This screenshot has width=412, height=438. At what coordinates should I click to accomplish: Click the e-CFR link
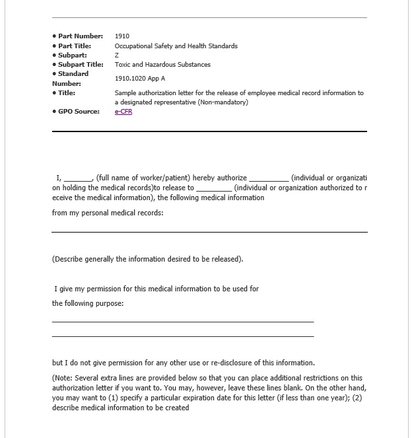coord(123,112)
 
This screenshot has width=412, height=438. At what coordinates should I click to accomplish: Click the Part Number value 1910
coord(122,36)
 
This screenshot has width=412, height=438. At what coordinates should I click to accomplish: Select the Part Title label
coord(74,46)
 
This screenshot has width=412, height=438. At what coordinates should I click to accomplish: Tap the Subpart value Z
coord(117,55)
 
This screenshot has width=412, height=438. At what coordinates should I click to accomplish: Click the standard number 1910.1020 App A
coord(140,79)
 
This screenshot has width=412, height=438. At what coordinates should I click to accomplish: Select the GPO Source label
coord(79,112)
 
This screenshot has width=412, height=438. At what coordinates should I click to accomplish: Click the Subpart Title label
coord(81,65)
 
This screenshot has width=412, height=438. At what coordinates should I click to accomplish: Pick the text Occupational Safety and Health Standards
coord(176,46)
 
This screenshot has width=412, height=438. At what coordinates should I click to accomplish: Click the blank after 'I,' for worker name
coord(78,178)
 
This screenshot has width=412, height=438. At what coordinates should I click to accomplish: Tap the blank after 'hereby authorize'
coord(269,178)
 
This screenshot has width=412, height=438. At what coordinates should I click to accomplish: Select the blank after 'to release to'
coord(214,188)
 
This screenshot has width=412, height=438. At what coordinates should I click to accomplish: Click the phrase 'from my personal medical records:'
coord(108,213)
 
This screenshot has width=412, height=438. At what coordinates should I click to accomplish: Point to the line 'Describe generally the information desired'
coord(147,259)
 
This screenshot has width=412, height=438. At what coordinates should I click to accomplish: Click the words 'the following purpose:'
coord(88,303)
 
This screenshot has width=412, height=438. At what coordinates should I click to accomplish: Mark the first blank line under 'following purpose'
coord(183,322)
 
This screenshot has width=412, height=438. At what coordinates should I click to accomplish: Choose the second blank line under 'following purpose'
coord(183,336)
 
